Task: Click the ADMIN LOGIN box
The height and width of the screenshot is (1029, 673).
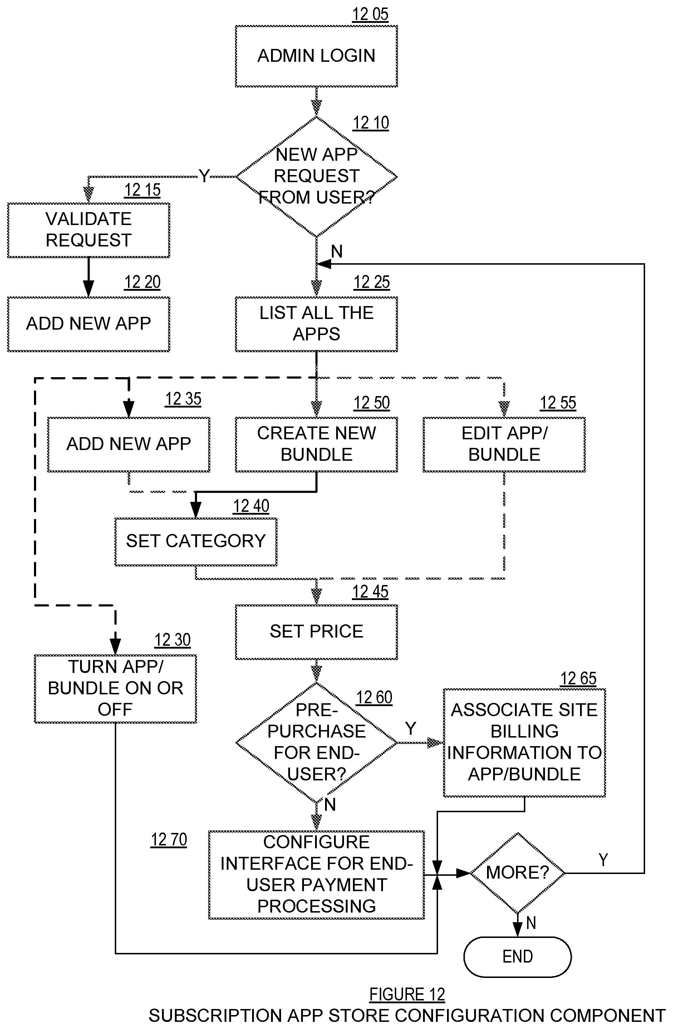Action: coord(316,56)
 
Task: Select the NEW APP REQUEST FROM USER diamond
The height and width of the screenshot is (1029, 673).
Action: coord(316,176)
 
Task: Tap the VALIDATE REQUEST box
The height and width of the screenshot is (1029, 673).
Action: coord(89,230)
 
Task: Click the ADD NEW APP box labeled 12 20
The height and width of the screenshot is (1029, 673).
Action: coord(89,324)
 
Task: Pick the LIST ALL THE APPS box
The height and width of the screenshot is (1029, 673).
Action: coord(316,324)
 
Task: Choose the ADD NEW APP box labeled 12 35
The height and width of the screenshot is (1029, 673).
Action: coord(128,444)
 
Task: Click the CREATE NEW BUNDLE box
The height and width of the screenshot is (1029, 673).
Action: coord(316,444)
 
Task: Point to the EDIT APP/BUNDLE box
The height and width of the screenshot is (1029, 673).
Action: coord(504,444)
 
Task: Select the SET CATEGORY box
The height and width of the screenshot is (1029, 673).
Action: coord(196,541)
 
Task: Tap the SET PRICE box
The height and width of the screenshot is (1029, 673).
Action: coord(316,632)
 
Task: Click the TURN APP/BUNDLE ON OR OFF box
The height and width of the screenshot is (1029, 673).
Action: coord(116,688)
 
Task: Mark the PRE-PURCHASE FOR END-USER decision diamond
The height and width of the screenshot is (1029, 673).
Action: coord(316,742)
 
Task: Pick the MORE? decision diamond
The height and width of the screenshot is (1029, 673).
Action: coord(518,873)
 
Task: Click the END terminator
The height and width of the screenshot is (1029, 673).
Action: coord(518,956)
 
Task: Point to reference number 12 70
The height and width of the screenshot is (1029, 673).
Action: coord(168,840)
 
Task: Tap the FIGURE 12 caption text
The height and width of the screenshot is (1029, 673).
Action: coord(407,994)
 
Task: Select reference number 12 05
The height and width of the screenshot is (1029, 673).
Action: coord(370,14)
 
